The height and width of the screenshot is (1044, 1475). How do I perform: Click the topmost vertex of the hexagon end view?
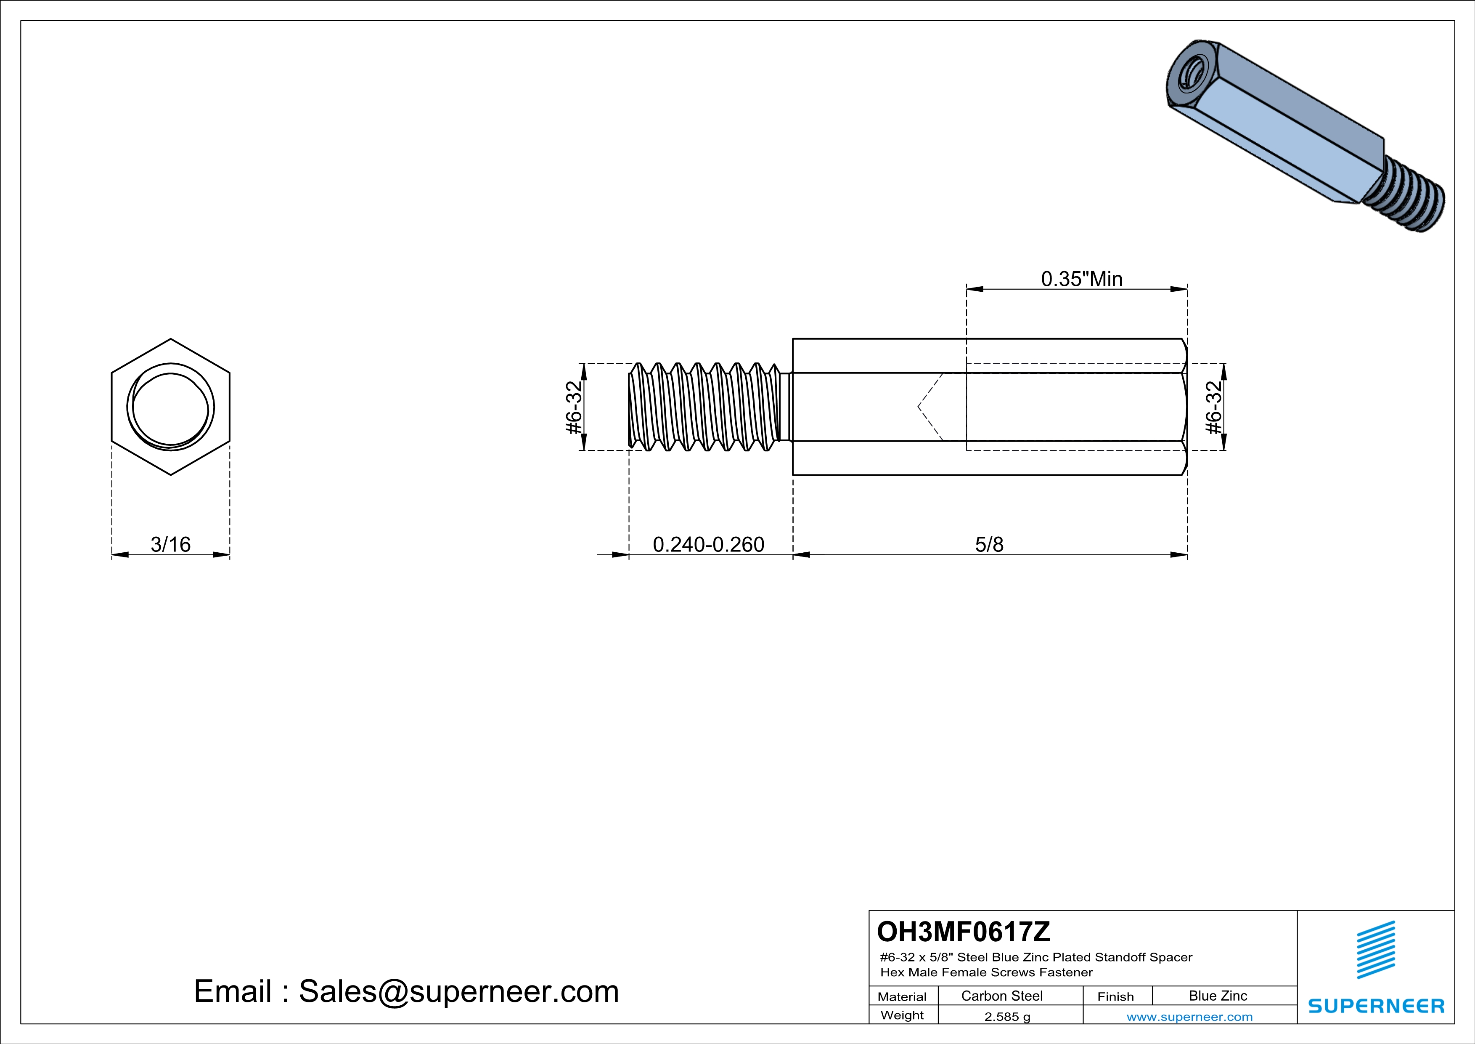(170, 339)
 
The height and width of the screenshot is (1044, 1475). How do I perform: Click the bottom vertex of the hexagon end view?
(170, 475)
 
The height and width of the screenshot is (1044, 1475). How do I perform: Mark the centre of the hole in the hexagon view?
(170, 407)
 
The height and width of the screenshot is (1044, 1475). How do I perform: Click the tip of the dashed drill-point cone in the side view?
(918, 407)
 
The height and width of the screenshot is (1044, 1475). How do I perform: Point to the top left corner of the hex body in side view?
(793, 339)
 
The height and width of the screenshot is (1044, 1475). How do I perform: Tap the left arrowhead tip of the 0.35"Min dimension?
(967, 289)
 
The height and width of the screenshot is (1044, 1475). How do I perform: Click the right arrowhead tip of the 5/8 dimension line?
(1187, 554)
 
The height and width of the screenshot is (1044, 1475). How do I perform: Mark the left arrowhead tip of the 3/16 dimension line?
(112, 554)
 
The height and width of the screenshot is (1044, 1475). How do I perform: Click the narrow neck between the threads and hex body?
(786, 407)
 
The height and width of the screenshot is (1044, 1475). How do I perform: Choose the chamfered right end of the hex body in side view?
(1184, 407)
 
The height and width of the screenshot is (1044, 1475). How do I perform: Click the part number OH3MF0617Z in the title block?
(963, 931)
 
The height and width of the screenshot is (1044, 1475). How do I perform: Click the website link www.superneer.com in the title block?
(1189, 1016)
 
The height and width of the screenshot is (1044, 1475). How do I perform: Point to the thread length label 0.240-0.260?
(709, 544)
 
